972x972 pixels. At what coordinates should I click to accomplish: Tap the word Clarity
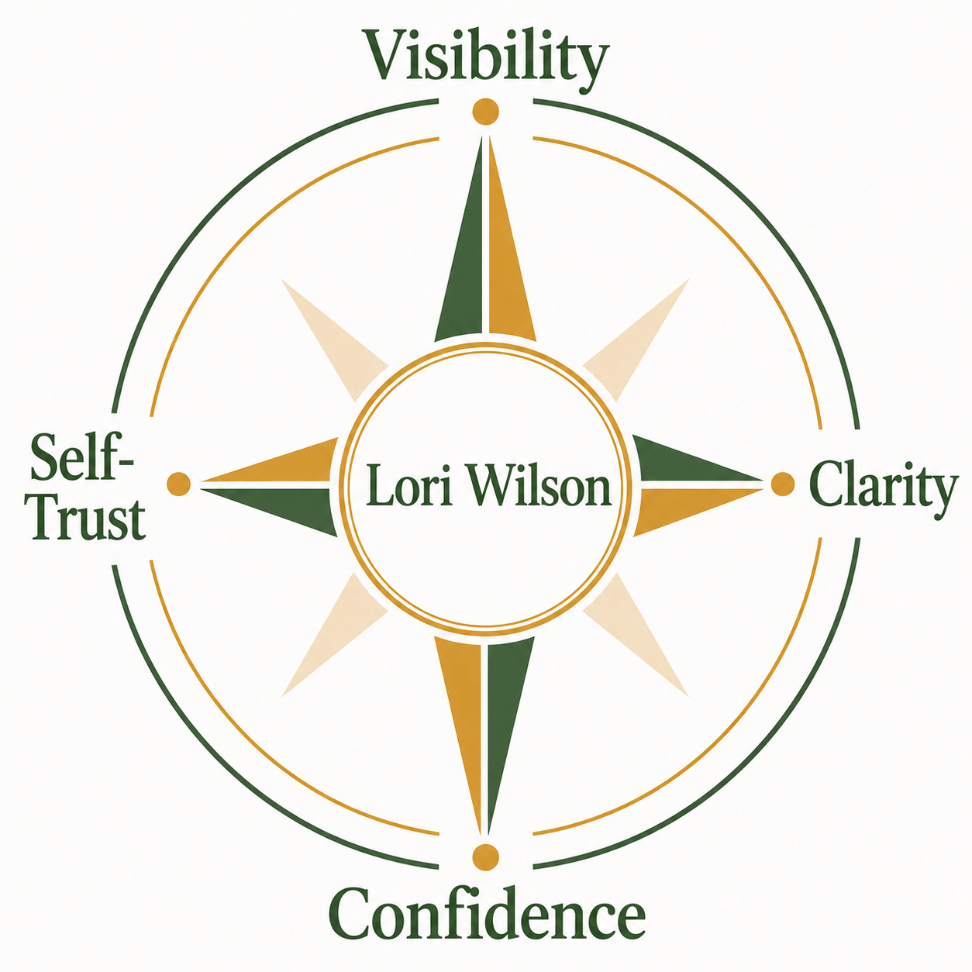click(883, 489)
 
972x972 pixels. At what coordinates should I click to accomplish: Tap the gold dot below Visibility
click(486, 111)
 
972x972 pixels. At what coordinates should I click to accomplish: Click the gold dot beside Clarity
click(783, 484)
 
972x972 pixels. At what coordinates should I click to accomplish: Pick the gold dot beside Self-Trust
click(178, 484)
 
